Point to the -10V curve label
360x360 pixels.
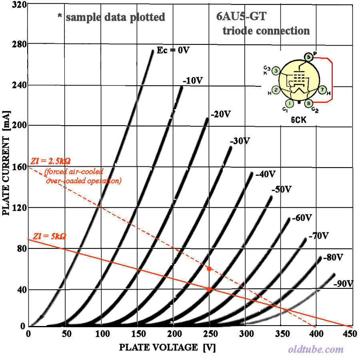(x=192, y=80)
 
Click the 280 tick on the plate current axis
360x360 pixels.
(x=18, y=43)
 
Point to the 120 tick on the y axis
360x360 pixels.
(x=18, y=208)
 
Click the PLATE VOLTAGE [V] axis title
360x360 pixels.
(x=167, y=347)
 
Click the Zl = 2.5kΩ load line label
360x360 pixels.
(x=50, y=161)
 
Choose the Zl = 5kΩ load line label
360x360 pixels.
(x=48, y=236)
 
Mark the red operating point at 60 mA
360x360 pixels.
(x=209, y=268)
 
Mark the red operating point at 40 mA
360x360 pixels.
(x=209, y=289)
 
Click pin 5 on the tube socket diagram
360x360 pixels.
(x=308, y=57)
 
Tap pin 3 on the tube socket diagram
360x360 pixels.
(x=276, y=71)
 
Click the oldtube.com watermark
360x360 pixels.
(x=316, y=349)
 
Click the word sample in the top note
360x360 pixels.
(x=83, y=17)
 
